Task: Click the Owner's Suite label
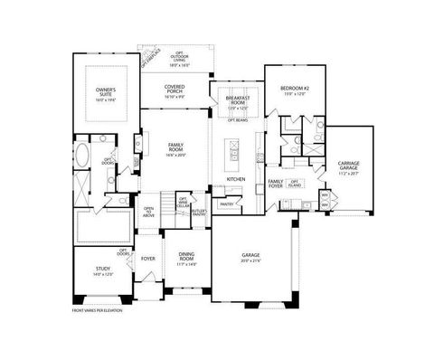pos(106,91)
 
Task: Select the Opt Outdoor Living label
pos(175,58)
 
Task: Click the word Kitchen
pos(236,179)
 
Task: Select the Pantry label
pos(227,204)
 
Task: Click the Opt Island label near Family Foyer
pos(296,183)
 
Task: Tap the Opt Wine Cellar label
pos(183,203)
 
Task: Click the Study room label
pos(104,270)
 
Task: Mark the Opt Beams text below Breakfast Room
pos(238,119)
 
